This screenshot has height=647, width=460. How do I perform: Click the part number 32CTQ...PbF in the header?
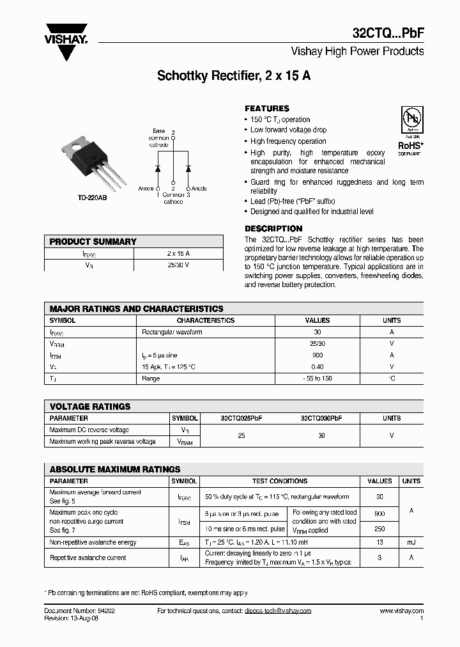point(388,33)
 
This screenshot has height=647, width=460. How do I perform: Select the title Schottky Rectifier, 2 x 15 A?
point(234,75)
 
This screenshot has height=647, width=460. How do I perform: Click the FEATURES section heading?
point(267,109)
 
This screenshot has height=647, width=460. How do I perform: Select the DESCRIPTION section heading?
point(273,229)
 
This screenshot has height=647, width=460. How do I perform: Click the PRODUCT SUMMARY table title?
point(93,242)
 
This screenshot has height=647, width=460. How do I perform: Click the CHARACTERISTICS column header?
point(206,320)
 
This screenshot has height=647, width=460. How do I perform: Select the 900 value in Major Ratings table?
point(318,355)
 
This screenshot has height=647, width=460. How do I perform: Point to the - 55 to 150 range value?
point(318,378)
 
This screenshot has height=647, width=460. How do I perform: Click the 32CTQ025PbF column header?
point(241,418)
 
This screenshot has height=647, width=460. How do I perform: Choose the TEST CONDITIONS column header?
point(280,481)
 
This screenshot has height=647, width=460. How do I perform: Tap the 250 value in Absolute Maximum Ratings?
point(380,529)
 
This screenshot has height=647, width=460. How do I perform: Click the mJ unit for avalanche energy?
point(411,542)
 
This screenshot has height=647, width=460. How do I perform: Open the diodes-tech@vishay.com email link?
point(277,611)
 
